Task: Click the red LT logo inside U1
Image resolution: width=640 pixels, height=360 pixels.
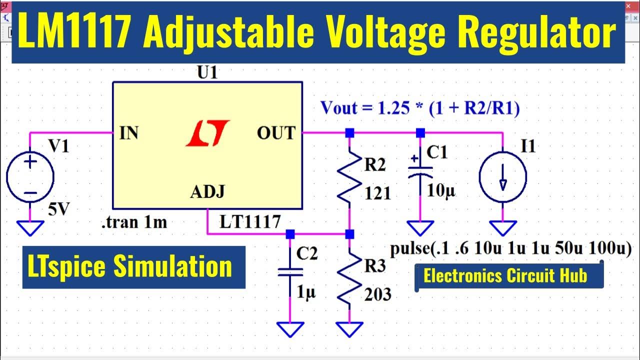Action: (207, 133)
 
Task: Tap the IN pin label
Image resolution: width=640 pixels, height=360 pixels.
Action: (129, 134)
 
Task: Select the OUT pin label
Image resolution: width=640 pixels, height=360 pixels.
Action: (276, 133)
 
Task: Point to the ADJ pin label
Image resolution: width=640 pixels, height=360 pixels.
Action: (207, 191)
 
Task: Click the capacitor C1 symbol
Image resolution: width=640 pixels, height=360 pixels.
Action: (420, 170)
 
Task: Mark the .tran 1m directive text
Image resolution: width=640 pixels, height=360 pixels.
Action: (134, 222)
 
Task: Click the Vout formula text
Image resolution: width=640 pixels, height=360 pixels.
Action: (420, 107)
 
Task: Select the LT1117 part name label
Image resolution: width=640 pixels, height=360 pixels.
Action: (250, 221)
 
